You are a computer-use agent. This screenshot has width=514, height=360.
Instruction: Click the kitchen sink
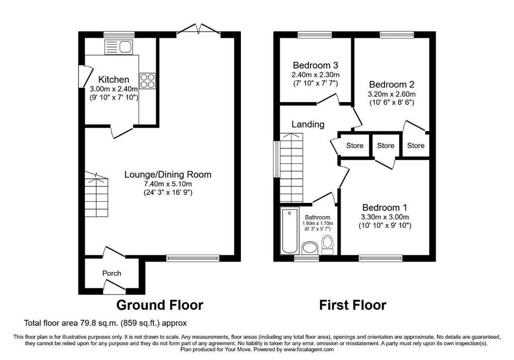point(118,47)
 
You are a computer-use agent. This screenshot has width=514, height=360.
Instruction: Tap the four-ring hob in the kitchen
point(148,81)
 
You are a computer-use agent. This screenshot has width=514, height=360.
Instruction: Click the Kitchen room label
point(114,79)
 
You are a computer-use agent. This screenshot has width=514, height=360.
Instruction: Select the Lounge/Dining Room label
point(168,174)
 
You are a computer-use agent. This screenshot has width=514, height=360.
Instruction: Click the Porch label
point(111,273)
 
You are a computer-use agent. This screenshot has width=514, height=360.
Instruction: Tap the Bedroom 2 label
point(392,85)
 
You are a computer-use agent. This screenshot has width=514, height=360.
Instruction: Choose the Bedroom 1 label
point(385,208)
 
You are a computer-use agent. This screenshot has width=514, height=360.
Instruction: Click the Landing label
point(308,124)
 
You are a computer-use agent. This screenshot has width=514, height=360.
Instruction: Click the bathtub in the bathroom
point(290,231)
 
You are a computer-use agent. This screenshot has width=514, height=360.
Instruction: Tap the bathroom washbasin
point(310,248)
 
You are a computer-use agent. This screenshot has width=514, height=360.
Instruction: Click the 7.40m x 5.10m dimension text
point(168,184)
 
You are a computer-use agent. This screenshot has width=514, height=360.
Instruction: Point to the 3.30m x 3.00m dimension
point(385,217)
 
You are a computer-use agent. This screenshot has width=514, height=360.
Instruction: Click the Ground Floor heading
point(159,305)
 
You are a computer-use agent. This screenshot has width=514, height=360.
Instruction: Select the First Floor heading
point(353,305)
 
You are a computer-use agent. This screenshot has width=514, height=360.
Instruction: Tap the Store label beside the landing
point(355,145)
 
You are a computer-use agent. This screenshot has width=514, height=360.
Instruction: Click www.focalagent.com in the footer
point(309,349)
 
